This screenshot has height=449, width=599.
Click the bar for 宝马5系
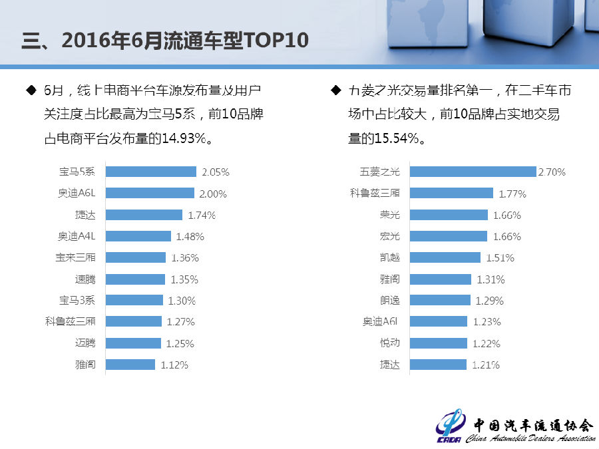(151, 172)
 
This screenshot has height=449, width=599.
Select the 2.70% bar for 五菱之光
(473, 172)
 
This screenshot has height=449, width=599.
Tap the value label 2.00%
(213, 194)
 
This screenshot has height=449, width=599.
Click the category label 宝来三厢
(75, 257)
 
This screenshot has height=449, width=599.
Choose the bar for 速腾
(135, 279)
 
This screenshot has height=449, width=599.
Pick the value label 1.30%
(182, 301)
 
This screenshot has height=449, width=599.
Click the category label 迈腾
(85, 343)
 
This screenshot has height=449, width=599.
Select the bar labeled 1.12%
(130, 365)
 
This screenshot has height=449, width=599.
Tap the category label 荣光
(389, 215)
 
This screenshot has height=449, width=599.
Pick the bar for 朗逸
(440, 301)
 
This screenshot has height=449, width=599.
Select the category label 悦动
(389, 343)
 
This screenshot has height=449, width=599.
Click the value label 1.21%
(486, 365)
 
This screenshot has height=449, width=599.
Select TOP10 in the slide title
(277, 41)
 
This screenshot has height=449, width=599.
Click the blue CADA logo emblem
(451, 426)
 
